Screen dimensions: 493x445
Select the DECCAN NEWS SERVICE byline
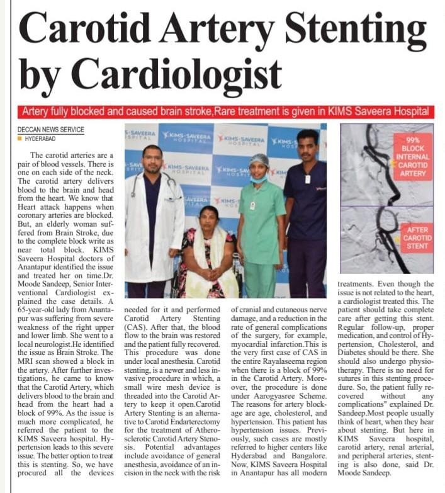[x=51, y=130]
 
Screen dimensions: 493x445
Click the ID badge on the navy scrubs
[x=308, y=179]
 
